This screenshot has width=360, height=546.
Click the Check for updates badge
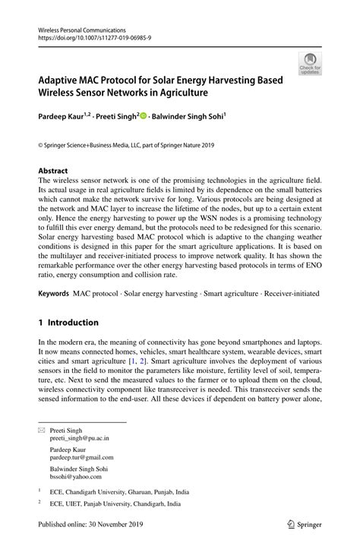[x=309, y=64]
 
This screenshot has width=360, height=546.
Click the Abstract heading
[x=52, y=171]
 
